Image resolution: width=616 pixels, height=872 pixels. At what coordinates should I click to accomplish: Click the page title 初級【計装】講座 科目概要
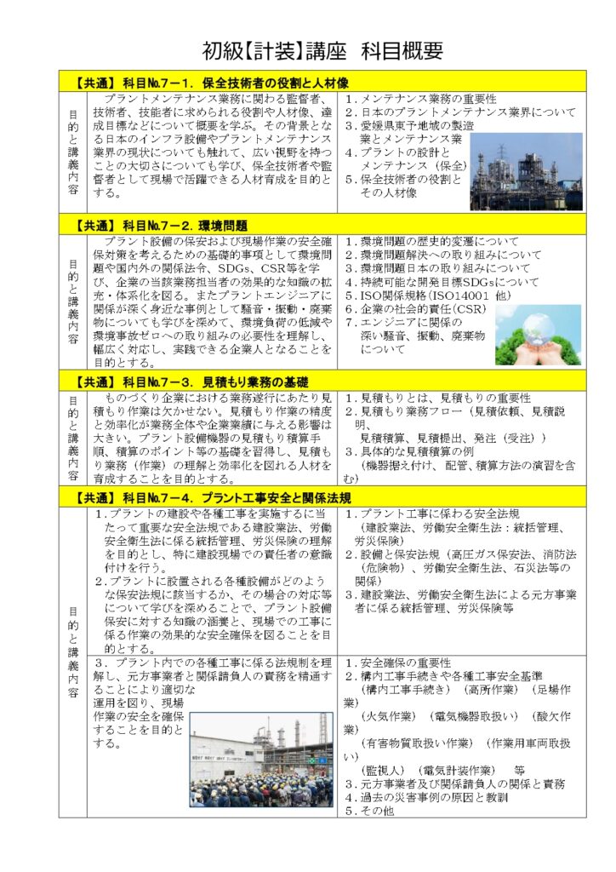pyautogui.click(x=322, y=51)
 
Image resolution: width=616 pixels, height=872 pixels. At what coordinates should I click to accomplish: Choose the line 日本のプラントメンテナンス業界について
pyautogui.click(x=459, y=112)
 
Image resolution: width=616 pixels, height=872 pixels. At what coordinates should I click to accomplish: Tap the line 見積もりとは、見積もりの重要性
pyautogui.click(x=437, y=398)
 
